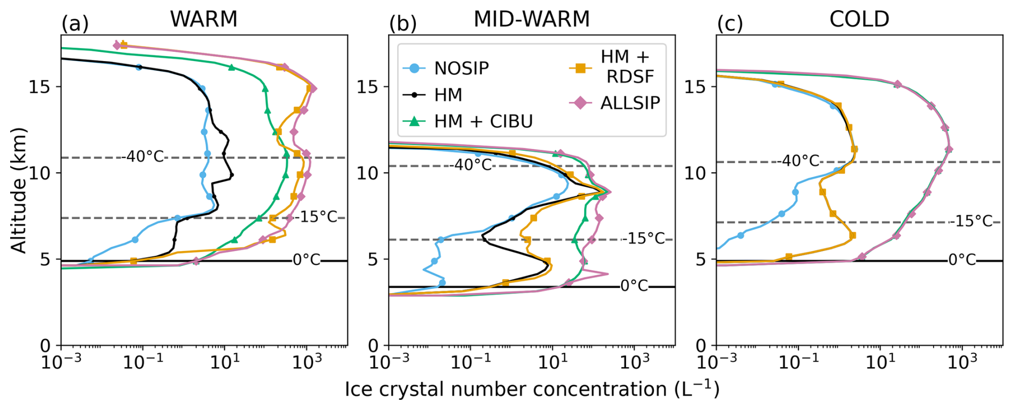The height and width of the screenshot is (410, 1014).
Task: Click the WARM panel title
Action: [x=204, y=19]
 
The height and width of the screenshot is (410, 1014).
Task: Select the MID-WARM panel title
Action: [x=531, y=19]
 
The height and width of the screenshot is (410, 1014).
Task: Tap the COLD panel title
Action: [x=859, y=19]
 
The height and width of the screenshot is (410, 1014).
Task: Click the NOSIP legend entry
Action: [x=461, y=69]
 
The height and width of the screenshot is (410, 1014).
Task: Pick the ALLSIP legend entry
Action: [x=630, y=103]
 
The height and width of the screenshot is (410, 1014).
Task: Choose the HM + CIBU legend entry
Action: [x=483, y=122]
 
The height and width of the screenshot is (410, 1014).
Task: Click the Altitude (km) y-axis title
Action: [x=19, y=190]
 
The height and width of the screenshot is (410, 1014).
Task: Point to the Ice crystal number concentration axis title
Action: [x=532, y=389]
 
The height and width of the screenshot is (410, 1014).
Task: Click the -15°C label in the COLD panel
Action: [x=971, y=221]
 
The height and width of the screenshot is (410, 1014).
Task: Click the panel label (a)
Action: [x=75, y=24]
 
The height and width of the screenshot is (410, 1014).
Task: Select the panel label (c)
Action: [x=730, y=24]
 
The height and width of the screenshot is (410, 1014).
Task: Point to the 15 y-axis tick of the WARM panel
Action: [x=40, y=87]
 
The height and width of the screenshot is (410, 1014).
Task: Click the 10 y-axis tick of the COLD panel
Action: [x=695, y=173]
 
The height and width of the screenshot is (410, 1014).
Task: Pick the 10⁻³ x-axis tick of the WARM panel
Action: [x=62, y=362]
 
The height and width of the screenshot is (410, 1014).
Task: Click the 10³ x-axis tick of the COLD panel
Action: [x=962, y=362]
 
